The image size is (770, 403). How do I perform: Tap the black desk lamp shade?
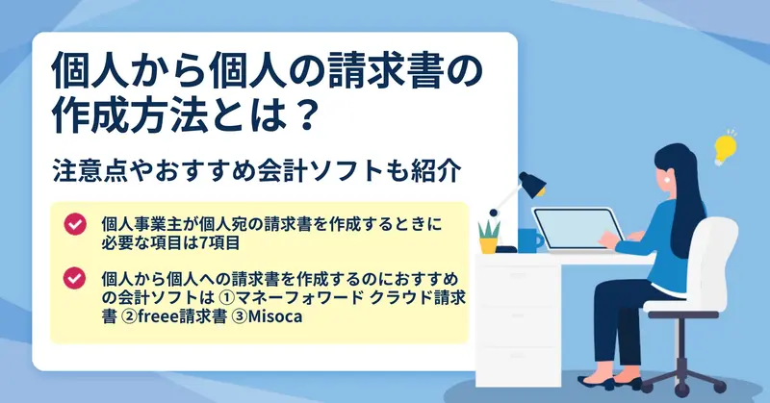tap(532, 184)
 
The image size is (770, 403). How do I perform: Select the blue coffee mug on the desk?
tap(530, 239)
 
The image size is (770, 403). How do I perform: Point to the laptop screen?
tap(575, 230)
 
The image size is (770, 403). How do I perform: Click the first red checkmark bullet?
tap(75, 224)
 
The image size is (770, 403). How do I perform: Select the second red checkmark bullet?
tap(75, 278)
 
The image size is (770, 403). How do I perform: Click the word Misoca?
tap(275, 316)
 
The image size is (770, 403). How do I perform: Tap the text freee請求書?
tap(182, 316)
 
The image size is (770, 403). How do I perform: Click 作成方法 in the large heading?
tap(129, 114)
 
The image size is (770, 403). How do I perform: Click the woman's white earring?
tap(667, 180)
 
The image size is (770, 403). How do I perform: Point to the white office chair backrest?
tap(714, 259)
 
